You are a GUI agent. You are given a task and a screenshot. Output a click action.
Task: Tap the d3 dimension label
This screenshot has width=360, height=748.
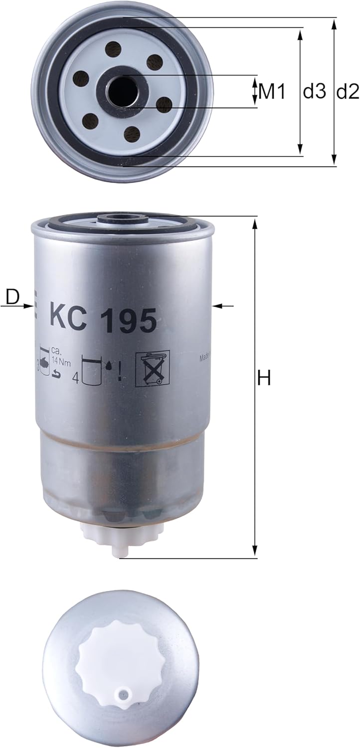point(314,91)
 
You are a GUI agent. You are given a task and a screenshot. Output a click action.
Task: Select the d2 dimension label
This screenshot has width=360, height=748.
point(348,91)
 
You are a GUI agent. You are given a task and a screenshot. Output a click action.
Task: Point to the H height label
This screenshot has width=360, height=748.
point(264,378)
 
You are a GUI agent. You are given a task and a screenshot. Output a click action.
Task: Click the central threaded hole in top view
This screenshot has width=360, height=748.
point(121,90)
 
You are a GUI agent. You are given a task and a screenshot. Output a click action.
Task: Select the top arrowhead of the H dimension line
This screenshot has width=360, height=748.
point(255,223)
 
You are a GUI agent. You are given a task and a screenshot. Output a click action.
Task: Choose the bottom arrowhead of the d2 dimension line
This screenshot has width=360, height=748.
point(334,161)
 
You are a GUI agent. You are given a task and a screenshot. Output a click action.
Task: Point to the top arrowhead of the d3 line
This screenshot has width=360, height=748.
point(300,33)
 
